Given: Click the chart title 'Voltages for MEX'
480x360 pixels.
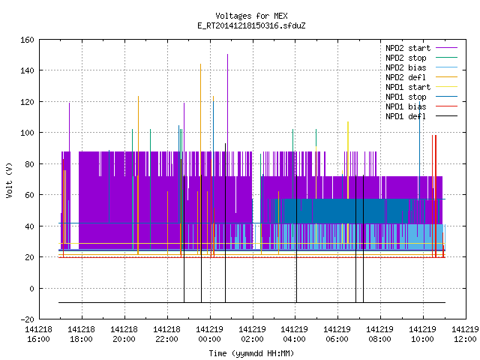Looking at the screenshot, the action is (251, 16).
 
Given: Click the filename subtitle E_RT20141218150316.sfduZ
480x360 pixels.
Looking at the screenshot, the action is (251, 25).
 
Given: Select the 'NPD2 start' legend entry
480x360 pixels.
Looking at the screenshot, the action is (421, 48).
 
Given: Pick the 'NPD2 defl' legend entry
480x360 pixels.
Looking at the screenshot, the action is (421, 77).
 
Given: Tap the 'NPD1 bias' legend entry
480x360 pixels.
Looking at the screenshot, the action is (421, 106).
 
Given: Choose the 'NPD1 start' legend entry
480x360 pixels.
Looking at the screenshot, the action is (421, 87).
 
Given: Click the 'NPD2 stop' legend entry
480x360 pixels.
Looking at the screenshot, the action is (421, 58).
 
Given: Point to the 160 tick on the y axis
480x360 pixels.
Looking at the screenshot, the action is (27, 40).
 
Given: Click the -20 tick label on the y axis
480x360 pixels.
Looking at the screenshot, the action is (27, 319).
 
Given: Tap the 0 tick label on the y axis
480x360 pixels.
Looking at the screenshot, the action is (31, 288).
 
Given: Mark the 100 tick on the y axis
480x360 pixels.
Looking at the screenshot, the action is (27, 133).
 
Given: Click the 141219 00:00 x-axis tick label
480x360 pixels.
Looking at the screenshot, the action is (210, 334).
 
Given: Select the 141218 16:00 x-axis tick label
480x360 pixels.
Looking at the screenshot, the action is (38, 334).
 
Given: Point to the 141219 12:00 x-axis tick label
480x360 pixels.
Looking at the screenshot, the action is (465, 334).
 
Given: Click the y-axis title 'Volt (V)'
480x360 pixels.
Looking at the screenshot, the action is (10, 180).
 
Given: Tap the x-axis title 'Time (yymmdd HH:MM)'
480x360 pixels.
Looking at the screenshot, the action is (251, 353).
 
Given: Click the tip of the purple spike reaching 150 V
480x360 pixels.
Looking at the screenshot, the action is (227, 55).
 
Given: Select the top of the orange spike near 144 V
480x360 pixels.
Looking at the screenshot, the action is (200, 64).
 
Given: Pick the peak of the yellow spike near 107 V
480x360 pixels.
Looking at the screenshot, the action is (348, 121).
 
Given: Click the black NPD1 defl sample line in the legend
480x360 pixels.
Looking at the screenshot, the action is (447, 116).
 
